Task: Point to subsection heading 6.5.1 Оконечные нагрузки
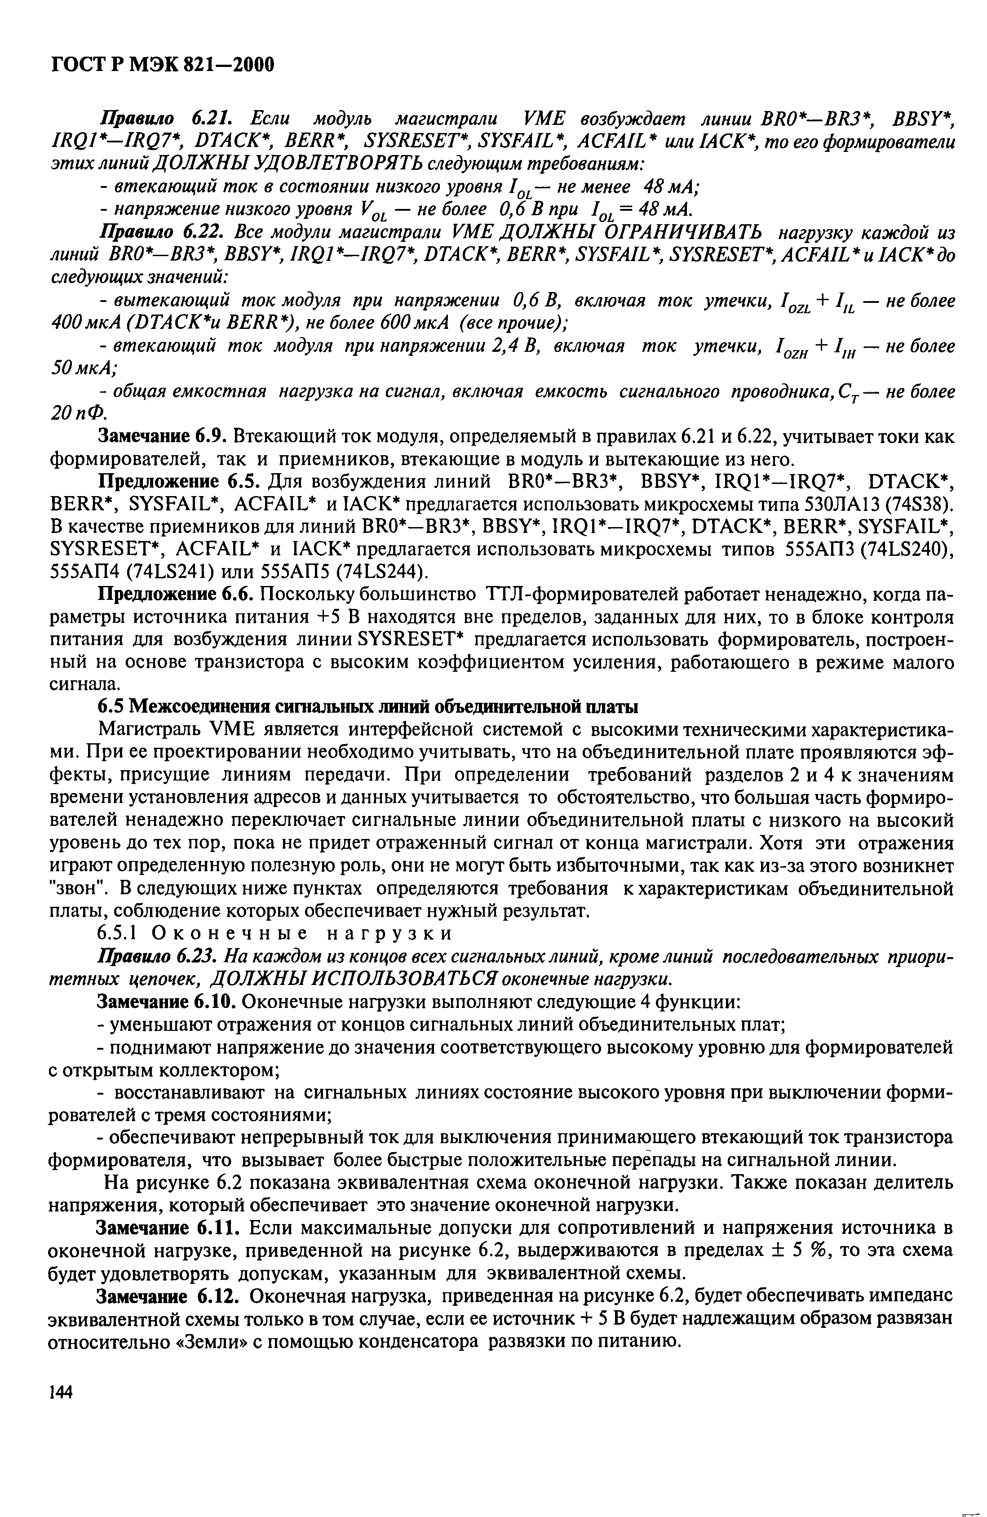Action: click(274, 934)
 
